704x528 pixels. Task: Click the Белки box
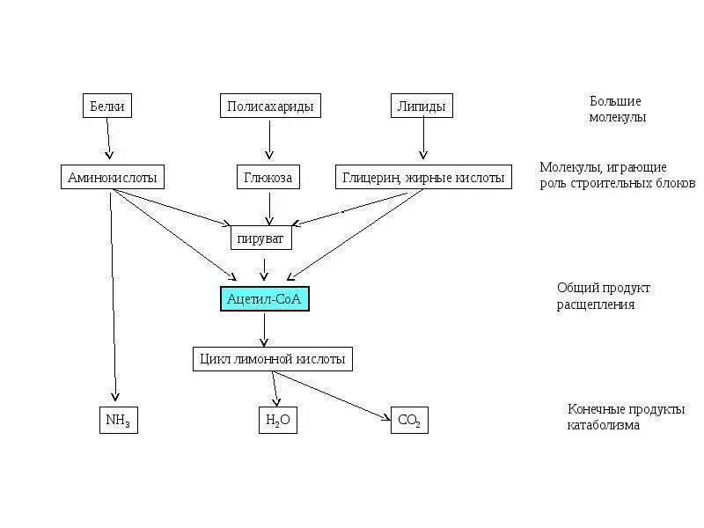coord(107,106)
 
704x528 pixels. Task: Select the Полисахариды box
coord(269,106)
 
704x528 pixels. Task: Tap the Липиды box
coord(422,106)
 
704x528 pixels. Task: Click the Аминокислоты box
coord(113,177)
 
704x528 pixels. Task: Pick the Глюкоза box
coord(268,177)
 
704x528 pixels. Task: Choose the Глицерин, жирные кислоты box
coord(423,177)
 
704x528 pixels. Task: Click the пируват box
coord(261,238)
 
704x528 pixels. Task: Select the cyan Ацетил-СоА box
coord(264,299)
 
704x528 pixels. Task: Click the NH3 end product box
coord(117,420)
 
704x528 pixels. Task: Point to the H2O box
coord(277,420)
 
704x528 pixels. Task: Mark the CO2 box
coord(409,421)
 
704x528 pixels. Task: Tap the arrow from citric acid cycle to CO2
coord(339,395)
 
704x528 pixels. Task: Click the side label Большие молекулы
coord(617,109)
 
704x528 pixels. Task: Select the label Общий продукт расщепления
coord(596,297)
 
